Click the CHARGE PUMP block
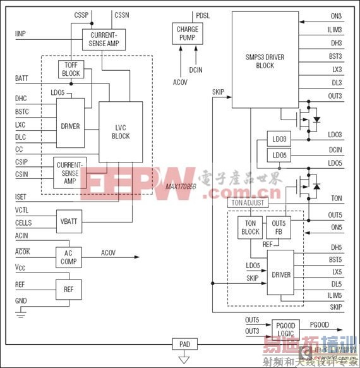187,34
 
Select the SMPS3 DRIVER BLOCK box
265,60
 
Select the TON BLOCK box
250,228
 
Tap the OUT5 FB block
279,228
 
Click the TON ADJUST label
248,203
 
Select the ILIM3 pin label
335,30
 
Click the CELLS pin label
24,223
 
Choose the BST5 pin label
335,259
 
